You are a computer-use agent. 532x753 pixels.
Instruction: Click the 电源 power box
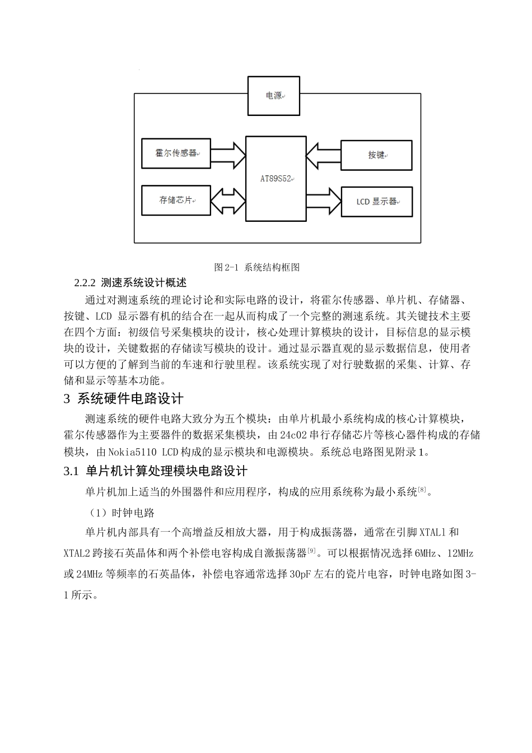(274, 96)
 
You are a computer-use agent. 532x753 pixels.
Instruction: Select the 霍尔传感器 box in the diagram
(176, 152)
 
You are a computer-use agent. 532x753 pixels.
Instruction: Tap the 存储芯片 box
(176, 200)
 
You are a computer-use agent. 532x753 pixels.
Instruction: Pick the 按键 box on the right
(376, 155)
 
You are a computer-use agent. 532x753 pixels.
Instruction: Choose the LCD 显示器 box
(376, 201)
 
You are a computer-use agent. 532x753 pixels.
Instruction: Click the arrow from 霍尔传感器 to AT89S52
(227, 152)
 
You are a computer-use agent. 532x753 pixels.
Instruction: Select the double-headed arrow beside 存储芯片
(227, 200)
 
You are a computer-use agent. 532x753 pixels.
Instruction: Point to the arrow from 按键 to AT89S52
(323, 155)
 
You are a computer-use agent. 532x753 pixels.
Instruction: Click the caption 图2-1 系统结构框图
(257, 267)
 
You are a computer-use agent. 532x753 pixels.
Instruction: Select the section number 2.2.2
(86, 282)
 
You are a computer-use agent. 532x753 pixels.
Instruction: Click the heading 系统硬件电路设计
(130, 399)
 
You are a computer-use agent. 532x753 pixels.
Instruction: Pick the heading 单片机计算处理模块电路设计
(166, 471)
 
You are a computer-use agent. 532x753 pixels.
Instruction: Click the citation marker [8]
(422, 490)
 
